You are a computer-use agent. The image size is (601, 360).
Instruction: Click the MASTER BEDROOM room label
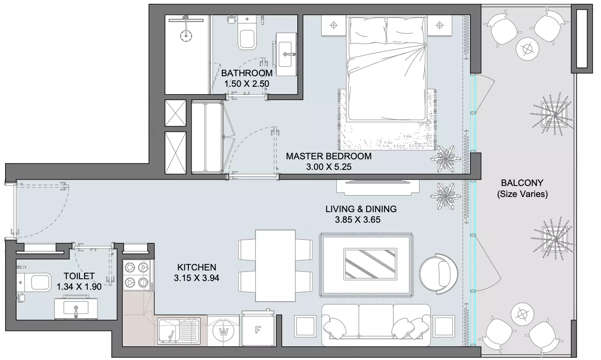tap(329, 156)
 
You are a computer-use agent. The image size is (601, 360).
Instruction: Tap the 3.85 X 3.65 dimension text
tap(357, 220)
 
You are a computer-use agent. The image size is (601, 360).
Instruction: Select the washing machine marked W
tap(223, 332)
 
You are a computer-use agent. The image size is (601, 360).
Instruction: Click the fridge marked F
tap(258, 330)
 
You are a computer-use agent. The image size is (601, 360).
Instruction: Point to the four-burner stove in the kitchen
tap(137, 275)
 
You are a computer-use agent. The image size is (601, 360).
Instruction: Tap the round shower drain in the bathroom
tap(186, 36)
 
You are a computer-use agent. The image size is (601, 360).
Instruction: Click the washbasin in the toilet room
tap(76, 308)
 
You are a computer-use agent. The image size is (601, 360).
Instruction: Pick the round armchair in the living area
tap(438, 274)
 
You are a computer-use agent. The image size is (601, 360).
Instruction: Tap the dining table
tap(275, 266)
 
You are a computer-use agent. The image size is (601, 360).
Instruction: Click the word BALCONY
tap(522, 183)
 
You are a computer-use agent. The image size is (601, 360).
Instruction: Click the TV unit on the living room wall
tap(378, 187)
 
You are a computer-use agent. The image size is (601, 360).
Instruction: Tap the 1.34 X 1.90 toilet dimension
tap(79, 287)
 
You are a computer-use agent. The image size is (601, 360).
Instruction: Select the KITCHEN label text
tap(197, 267)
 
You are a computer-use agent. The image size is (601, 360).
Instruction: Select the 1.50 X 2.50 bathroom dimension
tap(247, 84)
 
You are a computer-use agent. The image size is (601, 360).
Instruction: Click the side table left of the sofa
tap(305, 326)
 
